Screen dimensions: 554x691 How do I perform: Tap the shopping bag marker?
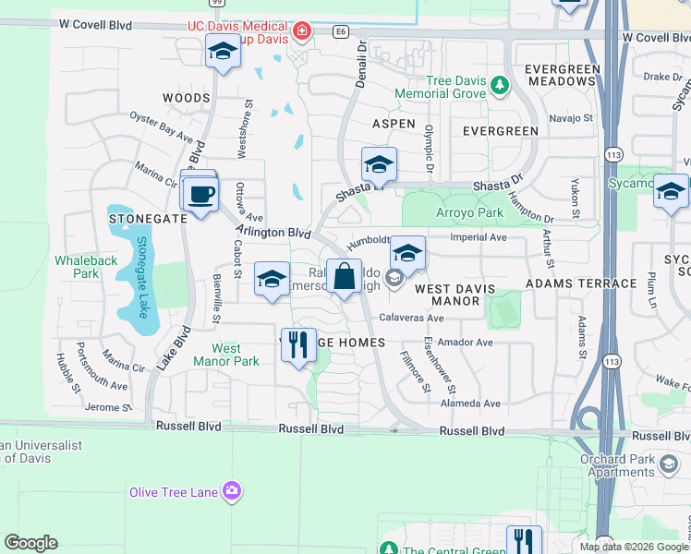pyautogui.click(x=344, y=276)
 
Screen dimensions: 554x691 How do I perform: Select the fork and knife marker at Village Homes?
pyautogui.click(x=298, y=345)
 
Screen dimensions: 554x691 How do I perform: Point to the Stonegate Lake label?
pyautogui.click(x=142, y=277)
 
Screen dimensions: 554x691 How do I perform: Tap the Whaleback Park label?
pyautogui.click(x=86, y=267)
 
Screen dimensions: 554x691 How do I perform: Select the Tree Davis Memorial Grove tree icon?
pyautogui.click(x=500, y=85)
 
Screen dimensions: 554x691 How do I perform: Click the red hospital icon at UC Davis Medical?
pyautogui.click(x=301, y=33)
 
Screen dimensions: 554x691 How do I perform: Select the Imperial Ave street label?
pyautogui.click(x=478, y=237)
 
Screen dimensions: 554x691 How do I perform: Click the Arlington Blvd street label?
pyautogui.click(x=273, y=233)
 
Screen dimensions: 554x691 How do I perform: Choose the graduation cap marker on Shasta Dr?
pyautogui.click(x=379, y=165)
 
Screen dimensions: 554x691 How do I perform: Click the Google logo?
pyautogui.click(x=31, y=543)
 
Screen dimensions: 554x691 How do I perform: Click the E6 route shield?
pyautogui.click(x=342, y=32)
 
